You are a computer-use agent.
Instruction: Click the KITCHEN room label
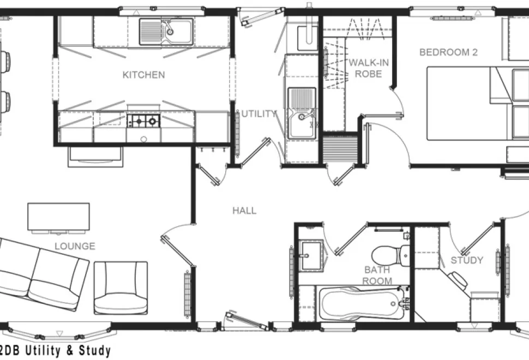pyautogui.click(x=144, y=75)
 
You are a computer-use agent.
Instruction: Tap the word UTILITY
pyautogui.click(x=259, y=114)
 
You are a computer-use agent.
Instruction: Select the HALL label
pyautogui.click(x=244, y=211)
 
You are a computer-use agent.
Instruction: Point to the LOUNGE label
pyautogui.click(x=75, y=246)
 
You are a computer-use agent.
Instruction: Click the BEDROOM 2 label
pyautogui.click(x=448, y=52)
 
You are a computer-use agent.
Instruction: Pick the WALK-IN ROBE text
pyautogui.click(x=369, y=68)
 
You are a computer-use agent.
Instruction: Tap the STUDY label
pyautogui.click(x=467, y=260)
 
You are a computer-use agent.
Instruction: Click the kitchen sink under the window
pyautogui.click(x=167, y=32)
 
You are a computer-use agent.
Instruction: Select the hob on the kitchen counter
pyautogui.click(x=143, y=121)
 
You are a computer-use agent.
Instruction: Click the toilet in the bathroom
pyautogui.click(x=390, y=256)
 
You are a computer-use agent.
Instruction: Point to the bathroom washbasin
pyautogui.click(x=311, y=255)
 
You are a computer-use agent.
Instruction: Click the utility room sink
pyautogui.click(x=302, y=113)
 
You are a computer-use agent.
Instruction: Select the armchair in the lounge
pyautogui.click(x=121, y=288)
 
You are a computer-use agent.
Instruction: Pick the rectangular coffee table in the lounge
pyautogui.click(x=59, y=217)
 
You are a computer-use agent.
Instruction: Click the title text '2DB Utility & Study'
pyautogui.click(x=55, y=351)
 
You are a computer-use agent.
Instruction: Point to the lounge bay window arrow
pyautogui.click(x=59, y=333)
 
